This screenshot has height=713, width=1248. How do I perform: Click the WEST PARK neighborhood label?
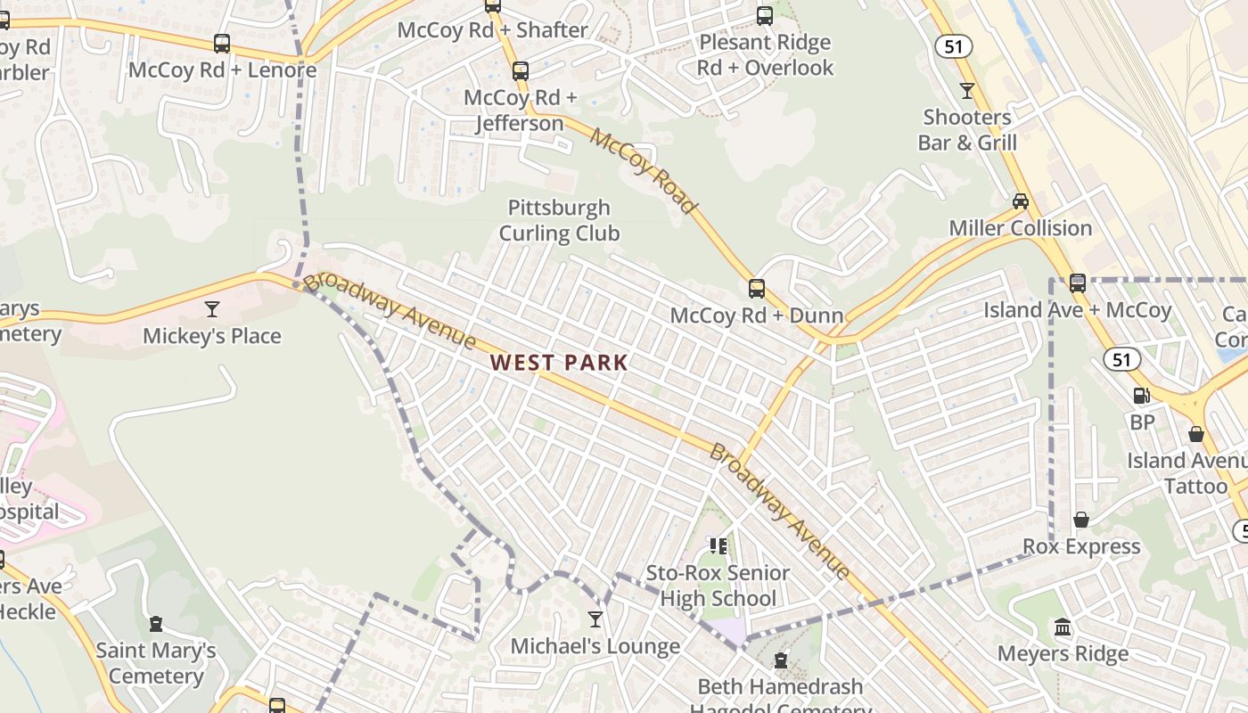pyautogui.click(x=559, y=363)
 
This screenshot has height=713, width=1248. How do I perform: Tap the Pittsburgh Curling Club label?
pyautogui.click(x=559, y=220)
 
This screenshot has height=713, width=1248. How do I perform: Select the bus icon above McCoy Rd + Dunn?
pyautogui.click(x=757, y=288)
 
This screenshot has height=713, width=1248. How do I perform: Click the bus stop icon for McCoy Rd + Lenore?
pyautogui.click(x=222, y=43)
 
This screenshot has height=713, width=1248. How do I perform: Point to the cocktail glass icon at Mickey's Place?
pyautogui.click(x=212, y=309)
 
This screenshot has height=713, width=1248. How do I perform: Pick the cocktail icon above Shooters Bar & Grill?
pyautogui.click(x=967, y=90)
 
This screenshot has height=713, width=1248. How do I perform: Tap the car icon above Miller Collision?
pyautogui.click(x=1021, y=201)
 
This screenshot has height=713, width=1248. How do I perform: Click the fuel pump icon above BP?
pyautogui.click(x=1141, y=396)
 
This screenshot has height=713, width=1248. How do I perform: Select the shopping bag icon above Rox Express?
pyautogui.click(x=1081, y=520)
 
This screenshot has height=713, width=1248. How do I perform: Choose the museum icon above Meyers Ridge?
pyautogui.click(x=1063, y=627)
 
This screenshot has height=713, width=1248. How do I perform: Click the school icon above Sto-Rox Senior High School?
pyautogui.click(x=718, y=545)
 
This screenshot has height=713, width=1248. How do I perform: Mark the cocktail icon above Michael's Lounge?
pyautogui.click(x=595, y=619)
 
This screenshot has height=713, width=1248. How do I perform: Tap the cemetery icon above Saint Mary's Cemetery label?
pyautogui.click(x=156, y=624)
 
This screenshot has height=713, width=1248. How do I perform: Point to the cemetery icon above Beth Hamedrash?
pyautogui.click(x=781, y=660)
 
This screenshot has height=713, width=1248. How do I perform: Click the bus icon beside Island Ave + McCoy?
pyautogui.click(x=1078, y=283)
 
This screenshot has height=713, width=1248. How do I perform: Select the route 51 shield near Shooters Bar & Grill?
pyautogui.click(x=953, y=46)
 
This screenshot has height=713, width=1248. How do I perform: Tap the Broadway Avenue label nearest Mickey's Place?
pyautogui.click(x=390, y=310)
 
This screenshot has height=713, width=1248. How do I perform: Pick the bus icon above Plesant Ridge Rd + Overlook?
pyautogui.click(x=765, y=16)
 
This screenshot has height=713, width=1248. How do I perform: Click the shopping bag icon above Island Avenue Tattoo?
pyautogui.click(x=1196, y=434)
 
